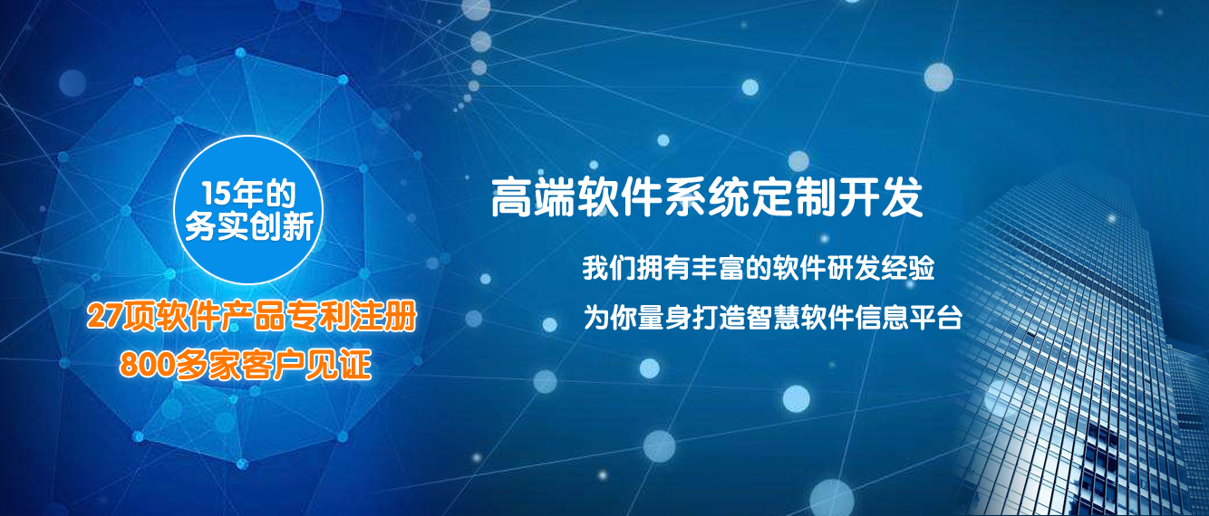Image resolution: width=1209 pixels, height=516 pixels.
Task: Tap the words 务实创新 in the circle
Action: pos(249,226)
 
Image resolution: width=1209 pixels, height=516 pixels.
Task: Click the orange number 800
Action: pos(147,364)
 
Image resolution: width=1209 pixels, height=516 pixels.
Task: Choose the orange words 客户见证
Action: pos(306,364)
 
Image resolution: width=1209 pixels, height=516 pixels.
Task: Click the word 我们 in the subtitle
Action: pos(608,267)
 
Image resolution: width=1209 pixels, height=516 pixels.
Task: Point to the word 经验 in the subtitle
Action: pos(908,267)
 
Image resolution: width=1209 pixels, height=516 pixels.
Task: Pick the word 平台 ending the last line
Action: pos(936,317)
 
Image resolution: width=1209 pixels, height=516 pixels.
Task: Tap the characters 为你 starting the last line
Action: pos(610,317)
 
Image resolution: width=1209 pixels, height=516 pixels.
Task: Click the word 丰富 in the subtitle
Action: pos(717,267)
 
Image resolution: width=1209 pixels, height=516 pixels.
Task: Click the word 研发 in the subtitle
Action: pos(854,267)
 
